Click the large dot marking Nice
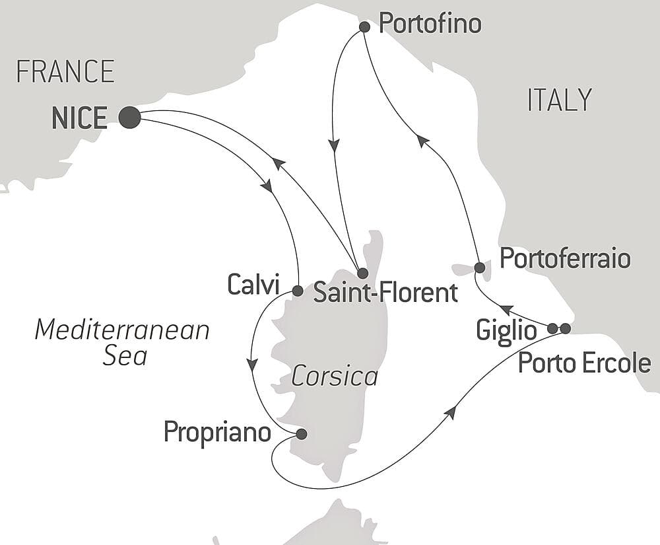tap(129, 118)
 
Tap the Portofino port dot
tap(364, 27)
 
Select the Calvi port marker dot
tap(297, 291)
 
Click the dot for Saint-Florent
tap(362, 273)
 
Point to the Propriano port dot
tap(302, 434)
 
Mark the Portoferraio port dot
tap(480, 268)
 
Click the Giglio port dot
tap(553, 328)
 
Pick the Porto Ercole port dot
tap(565, 328)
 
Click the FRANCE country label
tap(65, 71)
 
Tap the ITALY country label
tap(559, 100)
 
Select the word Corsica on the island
tap(334, 377)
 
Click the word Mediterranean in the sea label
tap(122, 329)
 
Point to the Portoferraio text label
tap(565, 258)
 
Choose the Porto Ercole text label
tap(584, 363)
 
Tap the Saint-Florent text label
tap(385, 292)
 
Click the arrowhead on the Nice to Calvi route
tap(267, 186)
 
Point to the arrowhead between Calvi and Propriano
tap(251, 364)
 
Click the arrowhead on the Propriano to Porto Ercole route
tap(451, 412)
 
